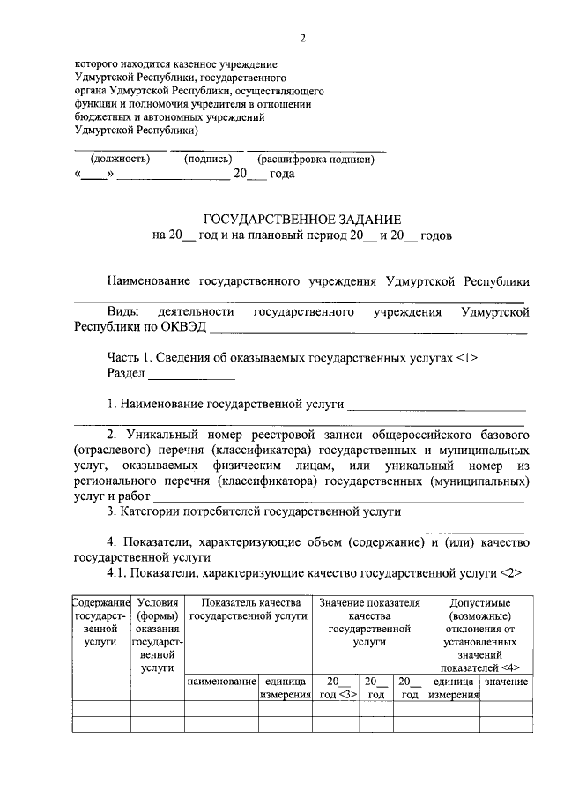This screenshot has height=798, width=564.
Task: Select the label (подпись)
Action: click(207, 160)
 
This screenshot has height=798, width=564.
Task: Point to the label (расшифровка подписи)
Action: click(315, 160)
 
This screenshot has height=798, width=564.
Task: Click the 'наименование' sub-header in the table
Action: click(221, 682)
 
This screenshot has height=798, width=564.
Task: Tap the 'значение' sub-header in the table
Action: click(507, 682)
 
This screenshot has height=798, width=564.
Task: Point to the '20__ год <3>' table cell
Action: click(338, 689)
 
